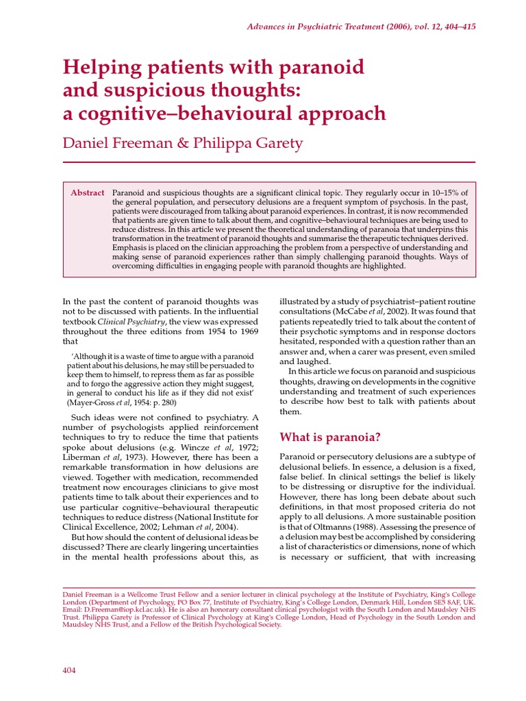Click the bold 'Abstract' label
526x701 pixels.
tap(88, 193)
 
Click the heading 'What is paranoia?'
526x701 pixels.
tap(329, 436)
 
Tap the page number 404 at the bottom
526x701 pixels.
tap(70, 670)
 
